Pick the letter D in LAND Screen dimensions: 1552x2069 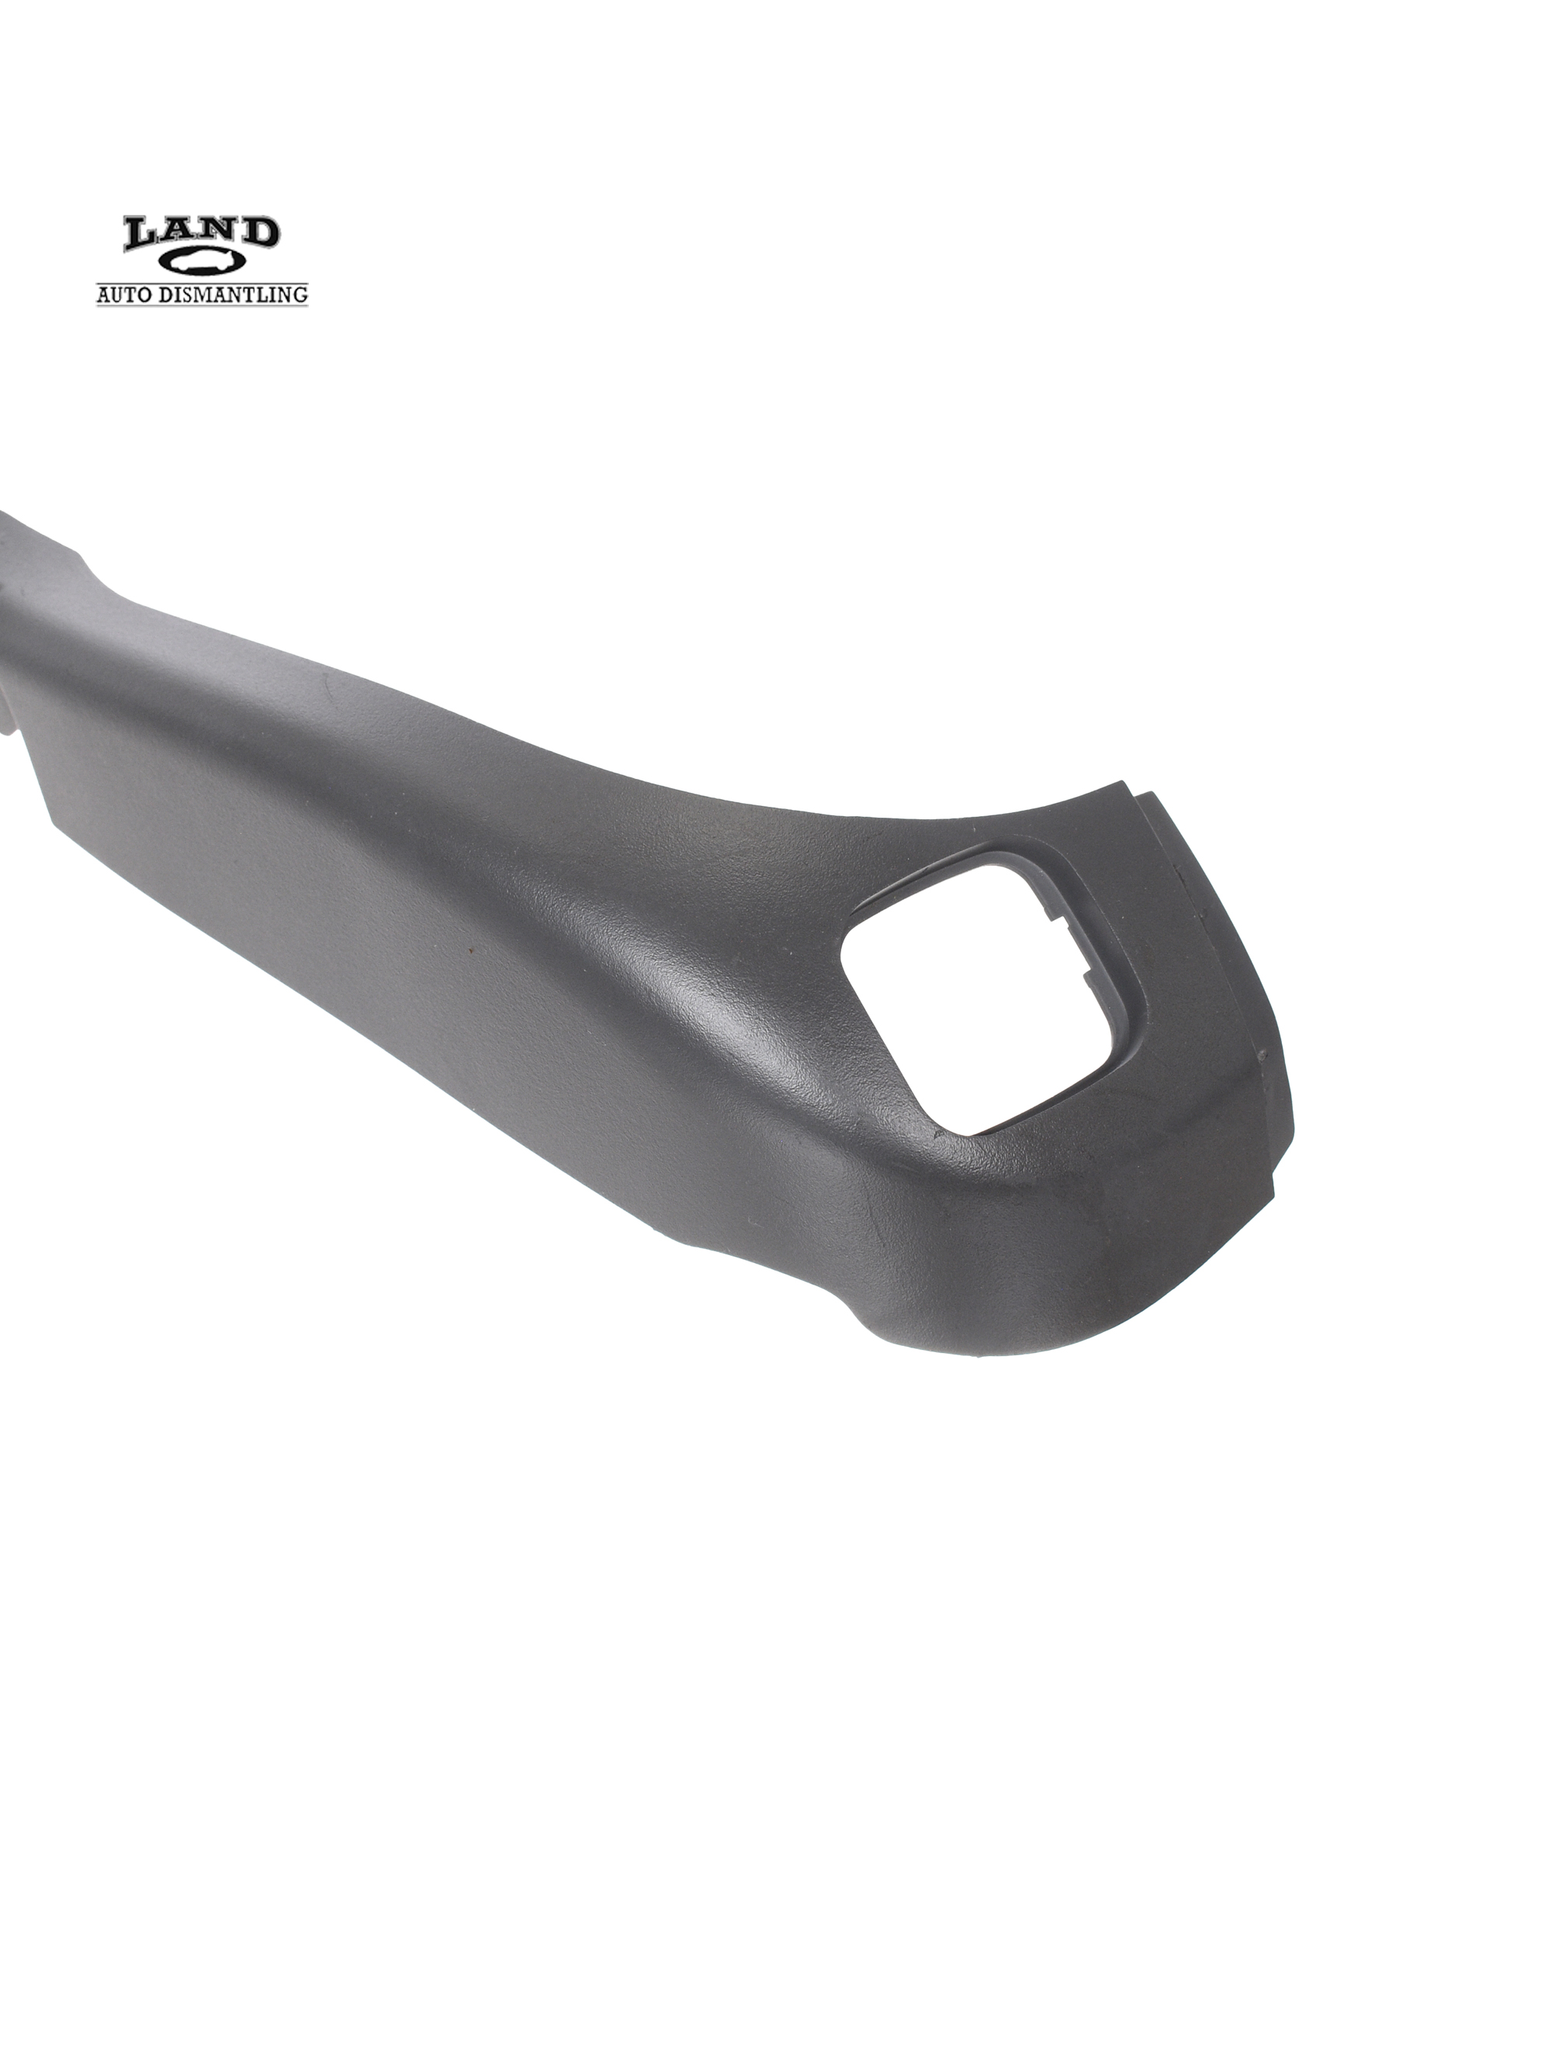[260, 232]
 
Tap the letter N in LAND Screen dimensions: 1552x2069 [221, 233]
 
